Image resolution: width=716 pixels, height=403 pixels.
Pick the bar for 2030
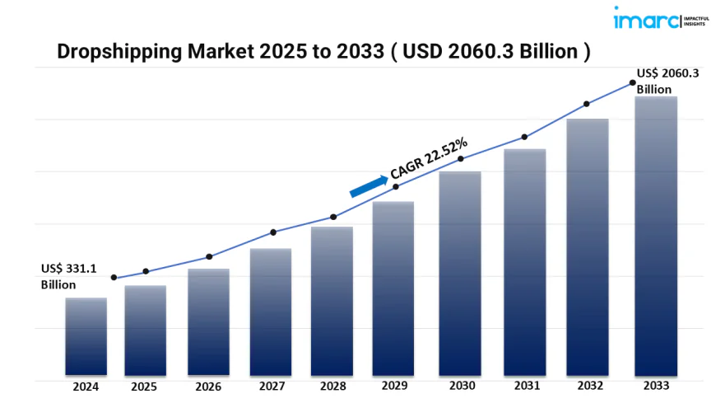tap(459, 273)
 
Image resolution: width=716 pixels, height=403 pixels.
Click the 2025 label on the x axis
tap(145, 386)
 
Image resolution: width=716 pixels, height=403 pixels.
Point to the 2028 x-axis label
tap(332, 386)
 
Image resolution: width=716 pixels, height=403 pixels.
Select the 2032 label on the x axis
tap(588, 386)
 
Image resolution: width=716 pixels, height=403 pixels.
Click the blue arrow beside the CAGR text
tap(369, 185)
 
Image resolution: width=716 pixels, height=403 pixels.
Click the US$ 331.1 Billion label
tap(68, 276)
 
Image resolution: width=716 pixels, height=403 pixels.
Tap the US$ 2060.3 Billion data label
tap(667, 81)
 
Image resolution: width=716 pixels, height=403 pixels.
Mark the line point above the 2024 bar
tap(114, 278)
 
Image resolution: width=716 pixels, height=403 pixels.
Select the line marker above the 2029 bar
tap(396, 187)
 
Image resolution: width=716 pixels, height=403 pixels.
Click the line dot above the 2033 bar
tap(632, 82)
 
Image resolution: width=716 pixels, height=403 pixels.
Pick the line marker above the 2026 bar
tap(209, 256)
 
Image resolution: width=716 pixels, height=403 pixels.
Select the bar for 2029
tap(393, 288)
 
